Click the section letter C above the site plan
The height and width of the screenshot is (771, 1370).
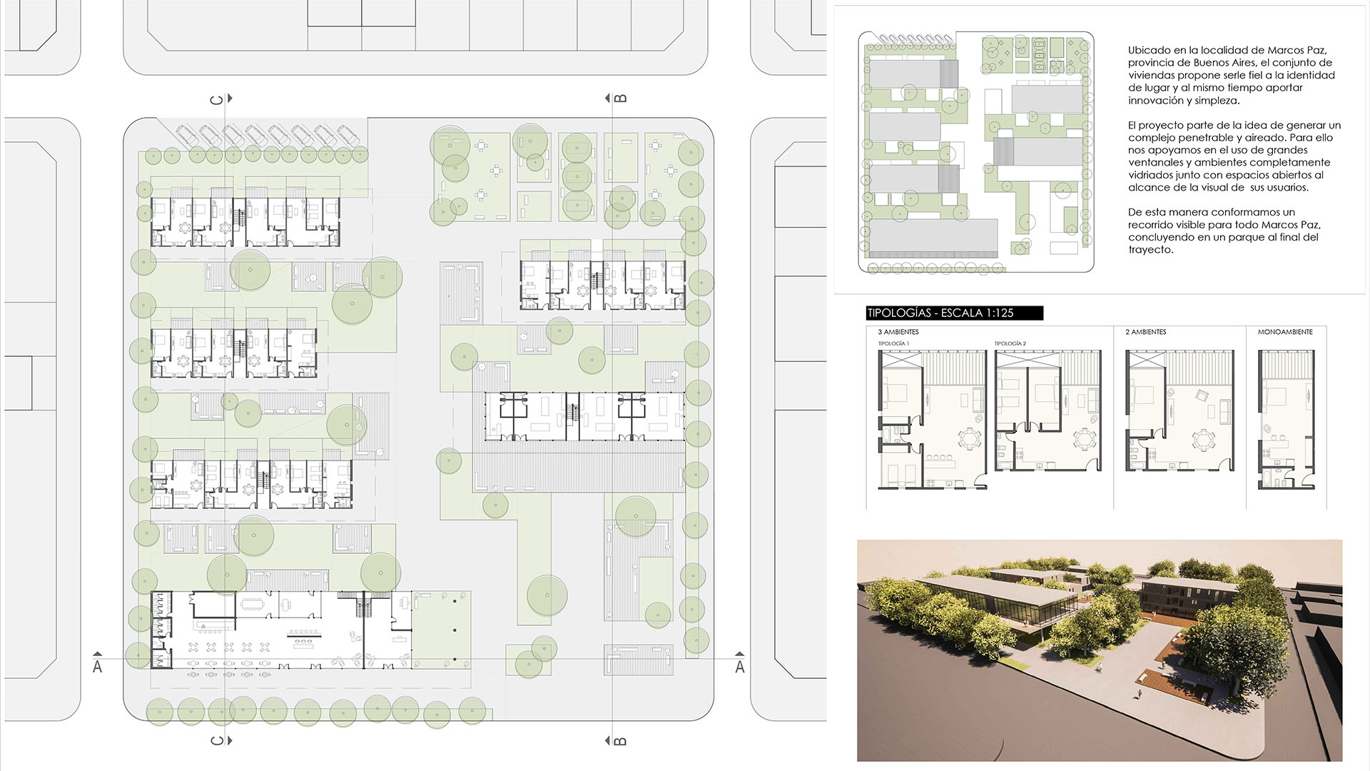click(x=216, y=99)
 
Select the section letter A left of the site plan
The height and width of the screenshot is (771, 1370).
click(x=98, y=667)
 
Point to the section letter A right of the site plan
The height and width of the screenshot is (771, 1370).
click(x=740, y=667)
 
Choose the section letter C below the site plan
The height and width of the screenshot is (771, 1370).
click(x=216, y=741)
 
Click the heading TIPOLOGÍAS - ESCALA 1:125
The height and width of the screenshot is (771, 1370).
click(x=940, y=313)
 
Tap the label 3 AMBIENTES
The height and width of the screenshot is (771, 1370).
click(x=898, y=332)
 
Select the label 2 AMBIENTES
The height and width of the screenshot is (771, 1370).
click(x=1146, y=332)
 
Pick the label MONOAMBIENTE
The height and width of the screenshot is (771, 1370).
click(x=1285, y=332)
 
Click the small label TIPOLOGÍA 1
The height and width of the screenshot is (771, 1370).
click(x=893, y=343)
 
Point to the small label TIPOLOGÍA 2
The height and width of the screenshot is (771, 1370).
click(x=1010, y=343)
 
